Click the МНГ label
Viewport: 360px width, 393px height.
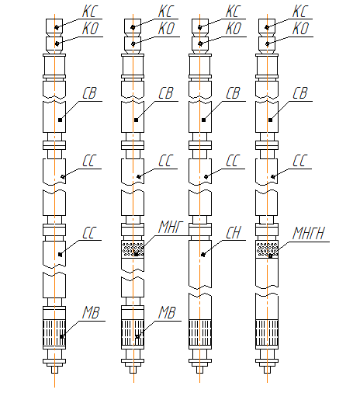pos(171,227)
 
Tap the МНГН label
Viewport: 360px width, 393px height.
pos(308,233)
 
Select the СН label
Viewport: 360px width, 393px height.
pos(234,232)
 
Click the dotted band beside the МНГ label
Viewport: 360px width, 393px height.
pos(133,249)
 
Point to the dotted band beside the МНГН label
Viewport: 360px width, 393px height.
pos(267,249)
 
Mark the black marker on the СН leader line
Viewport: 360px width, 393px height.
pos(203,255)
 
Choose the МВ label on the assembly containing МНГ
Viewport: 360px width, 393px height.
pos(167,312)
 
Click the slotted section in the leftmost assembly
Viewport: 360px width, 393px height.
pos(54,333)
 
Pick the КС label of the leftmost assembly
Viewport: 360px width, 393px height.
pos(90,11)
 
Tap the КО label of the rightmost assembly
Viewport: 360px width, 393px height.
pos(300,29)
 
